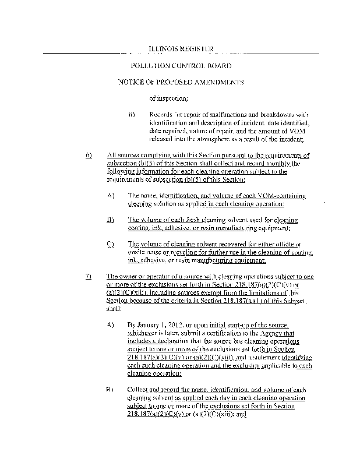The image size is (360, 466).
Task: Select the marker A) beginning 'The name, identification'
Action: [110, 196]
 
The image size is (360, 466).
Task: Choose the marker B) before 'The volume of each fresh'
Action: [110, 220]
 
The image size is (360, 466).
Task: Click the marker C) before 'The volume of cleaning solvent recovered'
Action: [110, 244]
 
